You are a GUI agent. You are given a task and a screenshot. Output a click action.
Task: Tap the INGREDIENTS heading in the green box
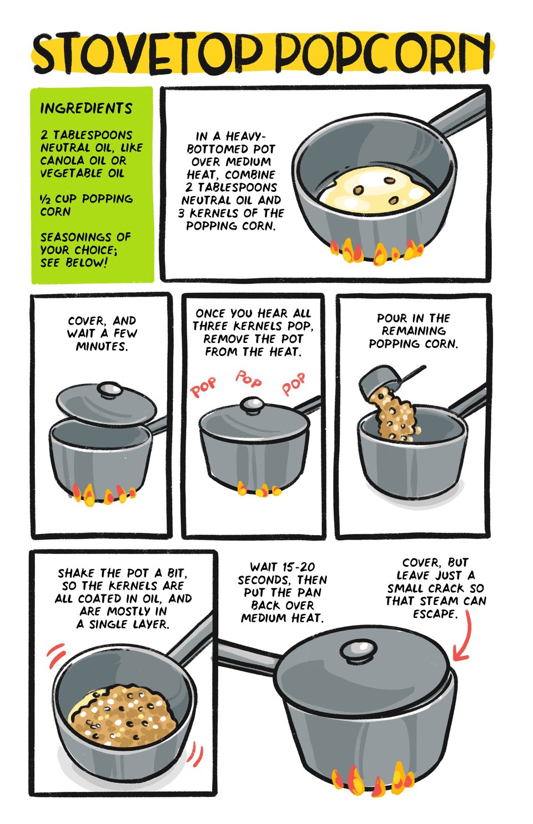[86, 108]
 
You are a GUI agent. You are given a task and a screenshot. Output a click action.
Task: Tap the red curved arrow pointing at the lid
[463, 636]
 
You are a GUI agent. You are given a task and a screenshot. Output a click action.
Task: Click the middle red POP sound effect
[249, 379]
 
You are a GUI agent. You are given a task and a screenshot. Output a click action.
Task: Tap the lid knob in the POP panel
[252, 404]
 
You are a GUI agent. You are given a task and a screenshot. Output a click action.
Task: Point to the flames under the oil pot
[377, 252]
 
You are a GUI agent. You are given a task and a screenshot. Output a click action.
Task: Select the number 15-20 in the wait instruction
[299, 567]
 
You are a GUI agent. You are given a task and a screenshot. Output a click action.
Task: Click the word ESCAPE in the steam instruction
[435, 613]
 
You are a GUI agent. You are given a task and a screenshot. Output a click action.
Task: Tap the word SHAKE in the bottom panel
[77, 573]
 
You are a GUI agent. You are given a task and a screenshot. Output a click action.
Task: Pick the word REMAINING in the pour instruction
[414, 331]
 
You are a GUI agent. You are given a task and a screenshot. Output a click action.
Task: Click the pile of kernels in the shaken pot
[123, 716]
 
